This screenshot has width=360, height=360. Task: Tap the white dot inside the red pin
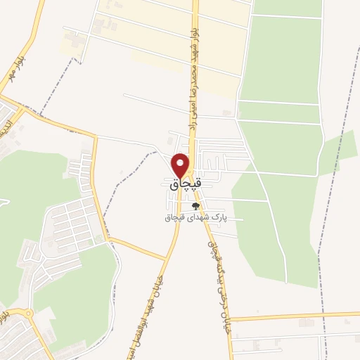181,162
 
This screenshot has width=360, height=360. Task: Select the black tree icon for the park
195,207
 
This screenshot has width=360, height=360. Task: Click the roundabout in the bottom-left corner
29,314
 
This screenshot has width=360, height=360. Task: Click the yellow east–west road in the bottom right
295,316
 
